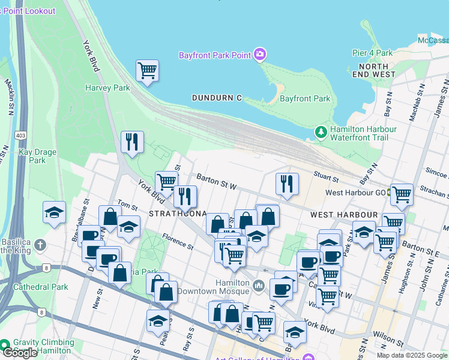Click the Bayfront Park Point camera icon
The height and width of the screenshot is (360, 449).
click(259, 55)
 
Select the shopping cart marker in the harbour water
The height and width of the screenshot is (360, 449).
click(147, 71)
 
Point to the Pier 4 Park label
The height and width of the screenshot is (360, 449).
click(372, 53)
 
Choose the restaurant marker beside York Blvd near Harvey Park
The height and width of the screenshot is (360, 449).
click(132, 142)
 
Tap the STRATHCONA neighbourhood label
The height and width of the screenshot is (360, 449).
click(178, 214)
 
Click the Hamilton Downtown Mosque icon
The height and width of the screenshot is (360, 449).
click(259, 284)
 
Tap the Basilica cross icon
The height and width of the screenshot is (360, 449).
click(40, 245)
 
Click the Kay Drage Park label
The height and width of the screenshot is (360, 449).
click(37, 156)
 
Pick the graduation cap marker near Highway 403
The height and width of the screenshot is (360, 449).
click(54, 213)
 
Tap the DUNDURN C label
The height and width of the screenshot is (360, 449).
click(217, 98)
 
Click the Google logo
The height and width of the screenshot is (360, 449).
click(20, 353)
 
